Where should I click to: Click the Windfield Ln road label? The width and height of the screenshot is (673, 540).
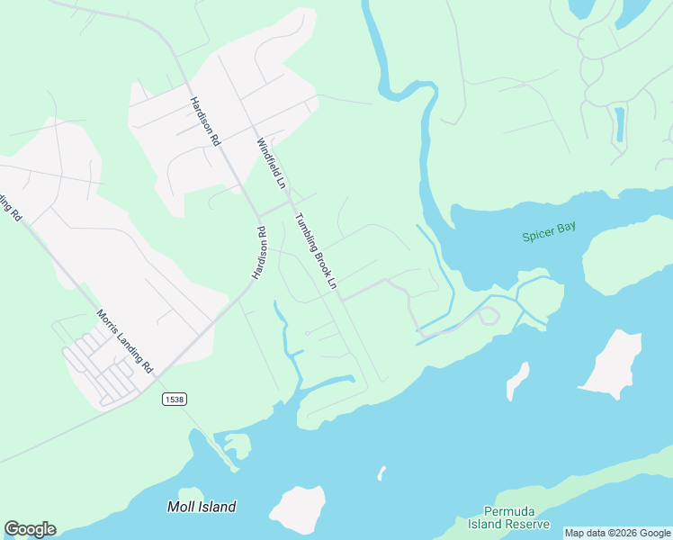click(x=271, y=163)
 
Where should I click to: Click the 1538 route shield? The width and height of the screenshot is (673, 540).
click(x=174, y=398)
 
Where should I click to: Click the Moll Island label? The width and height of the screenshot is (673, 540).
click(x=202, y=507)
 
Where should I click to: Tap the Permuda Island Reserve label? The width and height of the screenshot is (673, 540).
click(x=508, y=517)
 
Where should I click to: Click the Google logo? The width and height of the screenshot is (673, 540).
click(x=30, y=529)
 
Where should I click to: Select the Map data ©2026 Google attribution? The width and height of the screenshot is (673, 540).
click(x=617, y=533)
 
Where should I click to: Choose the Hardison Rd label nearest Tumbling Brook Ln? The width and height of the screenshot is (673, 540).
click(x=259, y=253)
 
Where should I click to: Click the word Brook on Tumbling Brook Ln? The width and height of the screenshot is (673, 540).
click(x=319, y=256)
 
